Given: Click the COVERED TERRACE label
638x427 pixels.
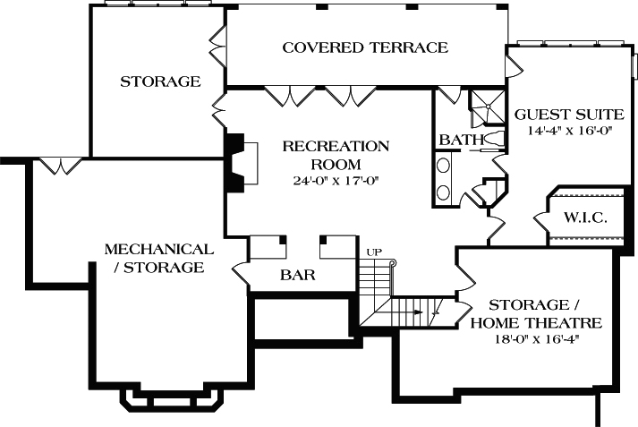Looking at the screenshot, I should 365,47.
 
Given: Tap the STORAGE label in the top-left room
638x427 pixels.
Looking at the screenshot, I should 160,81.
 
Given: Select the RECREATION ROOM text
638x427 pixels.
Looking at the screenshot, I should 336,155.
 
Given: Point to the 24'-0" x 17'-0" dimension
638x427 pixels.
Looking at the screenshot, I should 336,180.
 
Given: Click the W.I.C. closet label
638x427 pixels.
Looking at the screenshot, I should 586,218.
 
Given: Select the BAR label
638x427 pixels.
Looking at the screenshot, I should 298,275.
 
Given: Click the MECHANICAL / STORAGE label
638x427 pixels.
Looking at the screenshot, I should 159,258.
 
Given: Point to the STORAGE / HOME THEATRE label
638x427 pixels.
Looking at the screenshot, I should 535,314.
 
